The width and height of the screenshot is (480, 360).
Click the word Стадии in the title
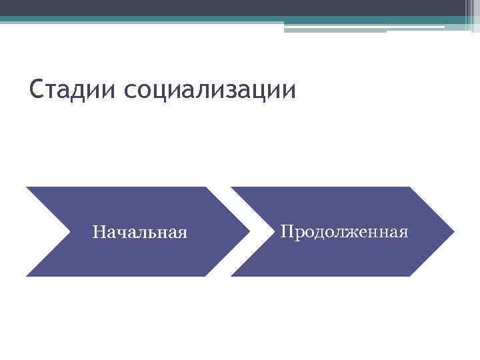coord(73,89)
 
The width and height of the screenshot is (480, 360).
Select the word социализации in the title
coord(209,89)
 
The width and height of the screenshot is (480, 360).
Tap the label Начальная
coord(140,232)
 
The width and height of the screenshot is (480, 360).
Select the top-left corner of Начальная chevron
coord(27,188)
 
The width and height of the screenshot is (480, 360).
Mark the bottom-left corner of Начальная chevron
coord(27,275)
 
